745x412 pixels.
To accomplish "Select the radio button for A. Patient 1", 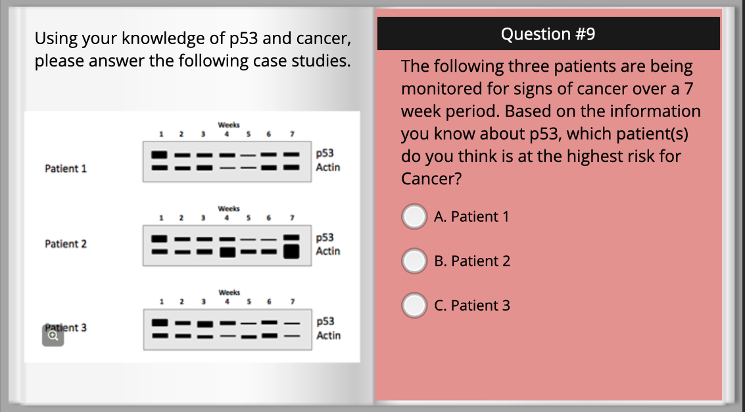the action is pyautogui.click(x=414, y=217).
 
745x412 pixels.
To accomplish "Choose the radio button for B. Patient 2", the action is pyautogui.click(x=414, y=261).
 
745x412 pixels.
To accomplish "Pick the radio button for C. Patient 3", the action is pyautogui.click(x=414, y=305).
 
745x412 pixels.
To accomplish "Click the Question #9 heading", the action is pyautogui.click(x=548, y=34).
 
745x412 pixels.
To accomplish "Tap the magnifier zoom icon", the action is pyautogui.click(x=53, y=336).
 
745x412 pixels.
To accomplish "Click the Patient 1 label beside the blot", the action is pyautogui.click(x=66, y=168).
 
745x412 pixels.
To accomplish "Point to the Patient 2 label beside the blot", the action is pyautogui.click(x=66, y=244).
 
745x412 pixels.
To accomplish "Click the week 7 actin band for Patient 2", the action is pyautogui.click(x=291, y=251).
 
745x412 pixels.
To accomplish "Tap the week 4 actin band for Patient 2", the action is pyautogui.click(x=228, y=252).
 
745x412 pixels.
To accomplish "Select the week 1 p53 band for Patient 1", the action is pyautogui.click(x=159, y=155).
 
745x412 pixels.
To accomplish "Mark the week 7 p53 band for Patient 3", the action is pyautogui.click(x=292, y=324).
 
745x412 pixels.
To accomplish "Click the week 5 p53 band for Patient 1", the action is pyautogui.click(x=248, y=155).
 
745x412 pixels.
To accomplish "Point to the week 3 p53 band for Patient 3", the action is pyautogui.click(x=204, y=324).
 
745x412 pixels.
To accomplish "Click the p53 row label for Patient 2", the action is pyautogui.click(x=325, y=238).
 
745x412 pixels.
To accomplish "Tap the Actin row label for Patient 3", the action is pyautogui.click(x=328, y=336).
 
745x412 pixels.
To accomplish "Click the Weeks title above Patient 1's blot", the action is pyautogui.click(x=229, y=125).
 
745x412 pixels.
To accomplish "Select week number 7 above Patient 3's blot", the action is pyautogui.click(x=293, y=301).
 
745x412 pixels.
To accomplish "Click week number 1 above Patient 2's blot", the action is pyautogui.click(x=161, y=218).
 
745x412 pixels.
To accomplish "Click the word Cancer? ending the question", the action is pyautogui.click(x=431, y=179).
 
